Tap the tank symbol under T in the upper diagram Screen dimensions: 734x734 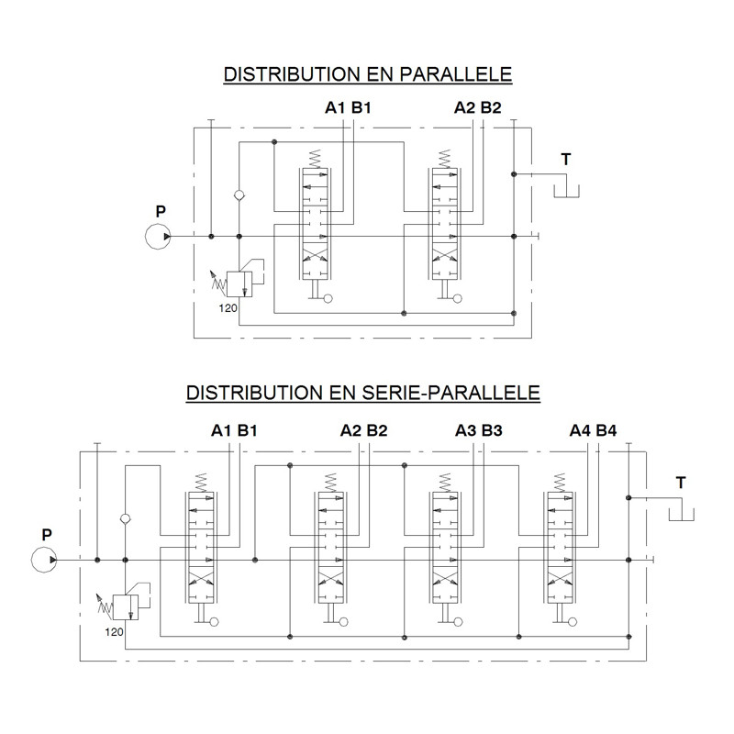click(566, 191)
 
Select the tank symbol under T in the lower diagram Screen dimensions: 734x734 click(681, 514)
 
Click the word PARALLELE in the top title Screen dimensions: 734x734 click(456, 74)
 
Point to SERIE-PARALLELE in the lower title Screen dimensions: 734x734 click(451, 393)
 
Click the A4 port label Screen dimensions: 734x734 click(580, 430)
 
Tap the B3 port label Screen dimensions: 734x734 click(492, 430)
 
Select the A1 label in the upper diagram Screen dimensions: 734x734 click(335, 107)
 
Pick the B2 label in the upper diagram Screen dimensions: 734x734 click(491, 107)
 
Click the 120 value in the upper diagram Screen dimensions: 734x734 click(228, 308)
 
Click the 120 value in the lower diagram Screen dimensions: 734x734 click(114, 632)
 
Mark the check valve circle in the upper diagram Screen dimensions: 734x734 click(239, 195)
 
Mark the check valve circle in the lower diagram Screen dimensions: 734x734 click(126, 518)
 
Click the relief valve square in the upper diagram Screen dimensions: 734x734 click(239, 284)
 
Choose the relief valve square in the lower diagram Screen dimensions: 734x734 click(126, 607)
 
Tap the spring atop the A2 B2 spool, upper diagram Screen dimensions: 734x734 click(445, 159)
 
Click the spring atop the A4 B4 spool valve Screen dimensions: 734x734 click(560, 483)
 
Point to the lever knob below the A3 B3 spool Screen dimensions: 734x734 click(458, 622)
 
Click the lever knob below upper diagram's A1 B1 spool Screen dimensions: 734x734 click(328, 298)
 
